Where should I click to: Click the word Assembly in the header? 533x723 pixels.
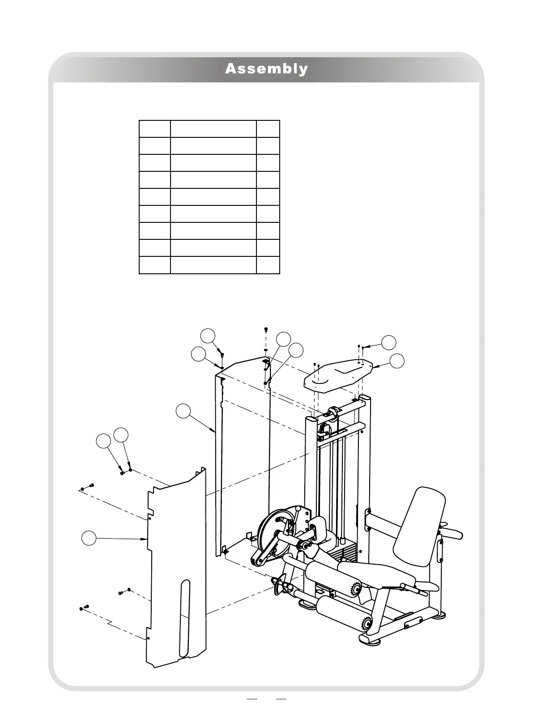[266, 69]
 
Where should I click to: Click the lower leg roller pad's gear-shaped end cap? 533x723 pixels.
[367, 623]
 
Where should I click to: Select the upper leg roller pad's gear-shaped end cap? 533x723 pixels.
[356, 590]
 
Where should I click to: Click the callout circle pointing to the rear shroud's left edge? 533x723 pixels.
[182, 411]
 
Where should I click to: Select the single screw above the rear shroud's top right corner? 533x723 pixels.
[266, 330]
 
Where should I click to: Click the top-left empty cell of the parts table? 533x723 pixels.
[155, 128]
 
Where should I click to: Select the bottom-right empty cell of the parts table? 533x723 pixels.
[268, 265]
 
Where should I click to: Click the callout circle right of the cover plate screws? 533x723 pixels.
[389, 342]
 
